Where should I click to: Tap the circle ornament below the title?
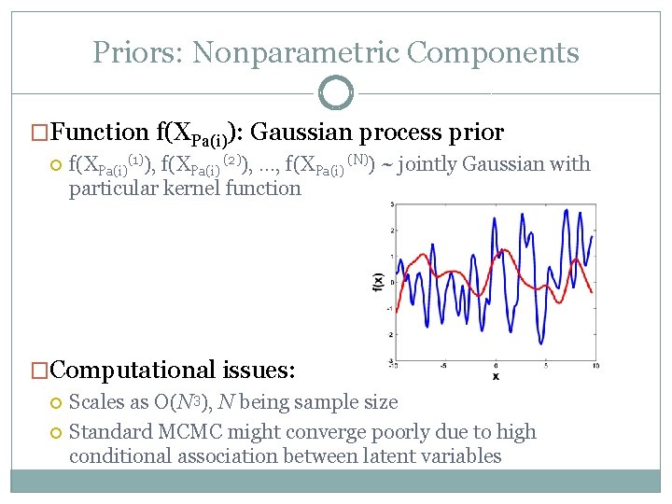click(335, 92)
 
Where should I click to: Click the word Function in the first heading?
click(100, 133)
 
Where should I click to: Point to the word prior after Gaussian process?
click(472, 133)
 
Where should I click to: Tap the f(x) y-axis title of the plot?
click(377, 283)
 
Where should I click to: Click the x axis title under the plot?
click(496, 375)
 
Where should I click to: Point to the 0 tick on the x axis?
click(496, 365)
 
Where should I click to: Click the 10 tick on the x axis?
click(595, 365)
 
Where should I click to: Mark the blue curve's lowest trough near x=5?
click(542, 342)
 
